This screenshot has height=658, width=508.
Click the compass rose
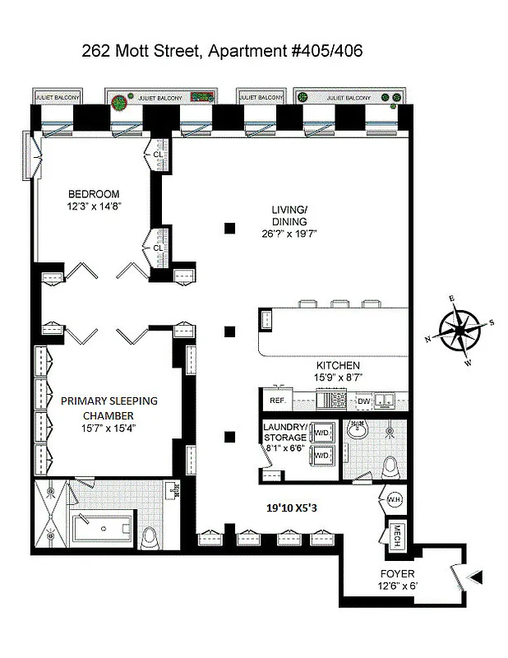tap(461, 330)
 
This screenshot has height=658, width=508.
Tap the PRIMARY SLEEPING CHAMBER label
tap(109, 407)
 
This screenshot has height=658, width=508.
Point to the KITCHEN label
tap(338, 365)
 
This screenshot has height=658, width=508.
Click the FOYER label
tap(397, 573)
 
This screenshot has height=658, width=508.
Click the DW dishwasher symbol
tap(363, 401)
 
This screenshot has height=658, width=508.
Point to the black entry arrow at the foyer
tap(474, 579)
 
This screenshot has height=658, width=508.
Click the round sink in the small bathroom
tap(358, 429)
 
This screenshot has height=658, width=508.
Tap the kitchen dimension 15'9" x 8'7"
tap(338, 378)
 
